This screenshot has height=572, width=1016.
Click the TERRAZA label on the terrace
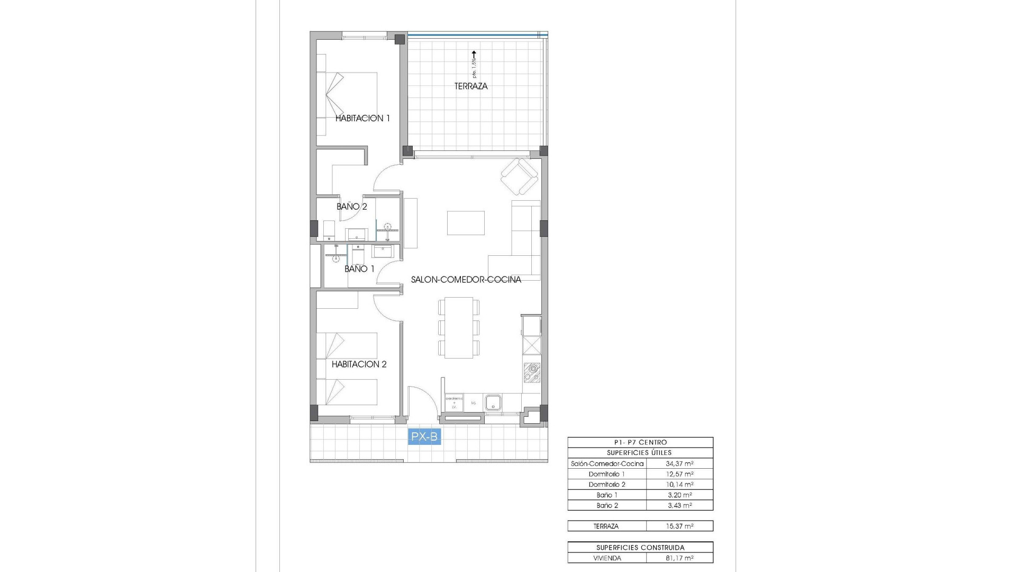(470, 86)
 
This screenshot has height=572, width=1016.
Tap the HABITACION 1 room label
(362, 118)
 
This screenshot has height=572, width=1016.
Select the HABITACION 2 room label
(359, 364)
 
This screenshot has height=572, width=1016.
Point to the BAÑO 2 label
(351, 207)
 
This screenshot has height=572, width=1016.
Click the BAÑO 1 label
(359, 269)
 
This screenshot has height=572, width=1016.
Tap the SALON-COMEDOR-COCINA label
(466, 280)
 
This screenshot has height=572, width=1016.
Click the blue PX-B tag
(424, 437)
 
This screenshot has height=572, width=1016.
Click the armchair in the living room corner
(519, 176)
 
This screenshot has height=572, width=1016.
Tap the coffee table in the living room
(466, 222)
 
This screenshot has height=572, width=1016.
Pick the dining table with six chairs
(459, 327)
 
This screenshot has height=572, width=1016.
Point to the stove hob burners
(531, 373)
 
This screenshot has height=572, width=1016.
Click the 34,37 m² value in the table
(679, 463)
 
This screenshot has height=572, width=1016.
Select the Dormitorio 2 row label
(607, 485)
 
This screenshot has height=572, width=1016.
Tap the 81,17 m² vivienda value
(679, 558)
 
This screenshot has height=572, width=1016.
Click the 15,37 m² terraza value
(679, 526)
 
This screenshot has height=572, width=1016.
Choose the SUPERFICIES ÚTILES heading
(640, 453)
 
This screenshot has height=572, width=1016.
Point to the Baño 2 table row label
(607, 505)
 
